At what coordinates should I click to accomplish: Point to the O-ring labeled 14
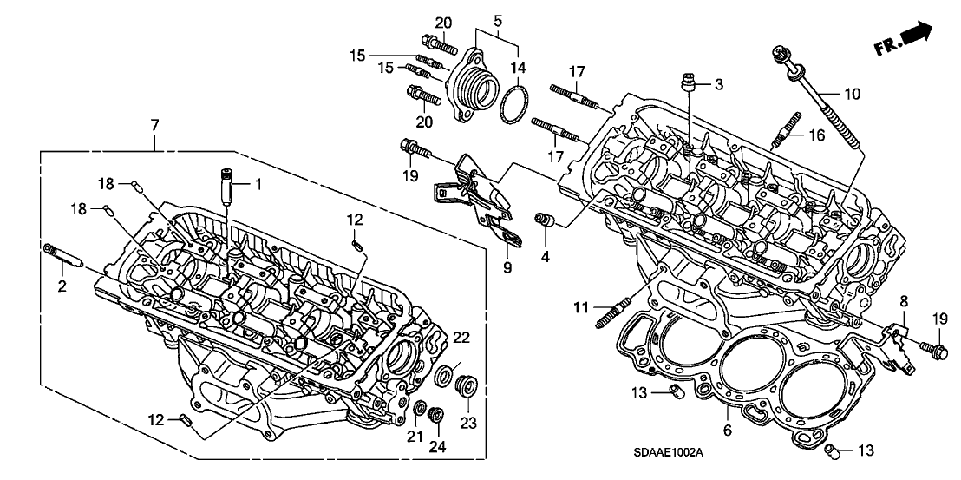tap(513, 108)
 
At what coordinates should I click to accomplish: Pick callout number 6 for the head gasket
tap(727, 430)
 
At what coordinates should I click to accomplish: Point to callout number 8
tap(903, 302)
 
